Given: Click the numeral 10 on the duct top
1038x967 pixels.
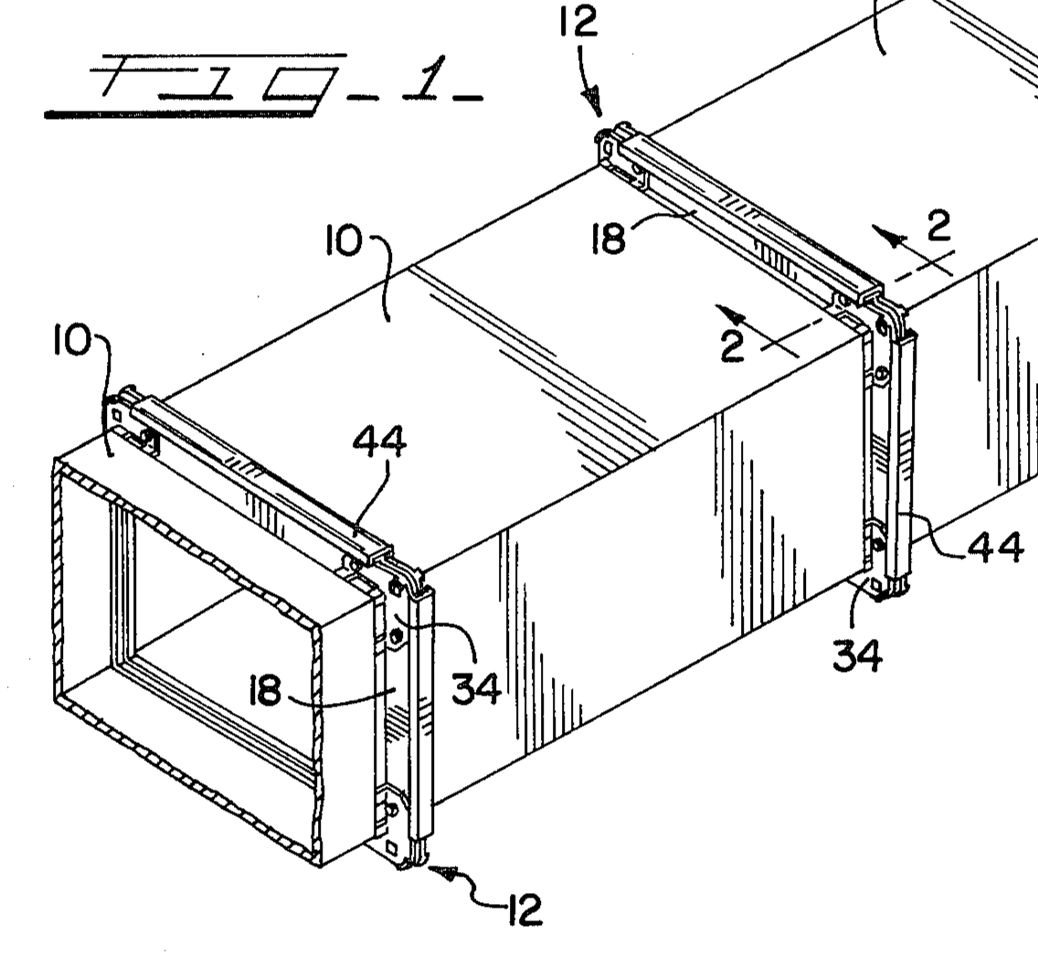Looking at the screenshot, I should coord(344,243).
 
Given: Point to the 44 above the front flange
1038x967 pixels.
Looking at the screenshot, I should coord(379,442).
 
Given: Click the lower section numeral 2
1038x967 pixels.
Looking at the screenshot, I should coord(733,346).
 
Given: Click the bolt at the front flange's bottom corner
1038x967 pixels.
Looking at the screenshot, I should coord(392,810).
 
